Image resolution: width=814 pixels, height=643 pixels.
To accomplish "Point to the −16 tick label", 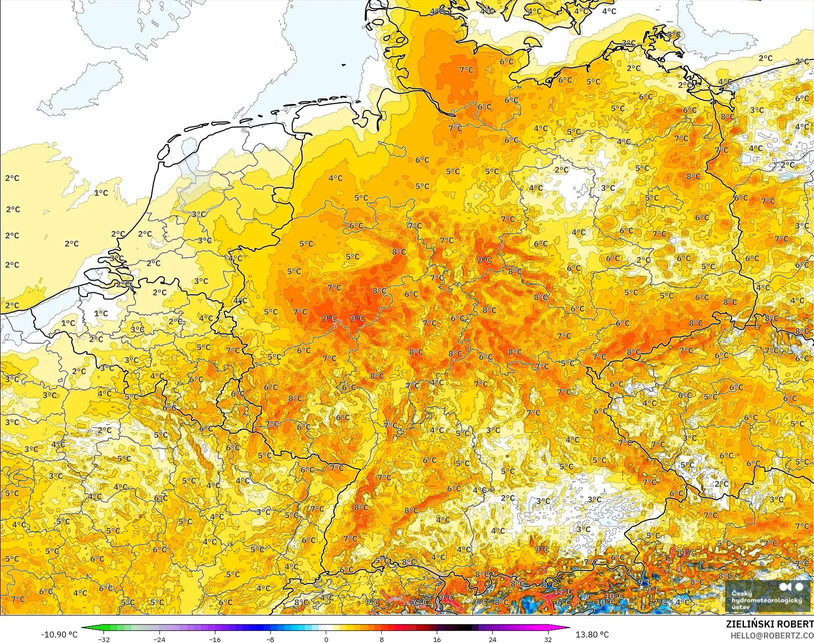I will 214,639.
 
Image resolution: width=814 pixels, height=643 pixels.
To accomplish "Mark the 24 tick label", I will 492,639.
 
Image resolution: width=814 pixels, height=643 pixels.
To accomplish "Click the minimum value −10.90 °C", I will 59,635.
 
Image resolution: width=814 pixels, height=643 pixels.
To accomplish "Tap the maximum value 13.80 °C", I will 592,635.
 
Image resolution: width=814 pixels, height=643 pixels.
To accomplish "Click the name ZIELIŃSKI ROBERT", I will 770,625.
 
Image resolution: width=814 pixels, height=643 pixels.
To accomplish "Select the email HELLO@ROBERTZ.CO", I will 772,636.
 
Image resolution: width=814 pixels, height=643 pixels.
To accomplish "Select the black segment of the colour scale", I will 465,628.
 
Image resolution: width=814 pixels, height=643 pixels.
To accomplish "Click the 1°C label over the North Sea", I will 101,193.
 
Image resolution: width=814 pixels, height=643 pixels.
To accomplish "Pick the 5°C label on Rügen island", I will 673,34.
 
